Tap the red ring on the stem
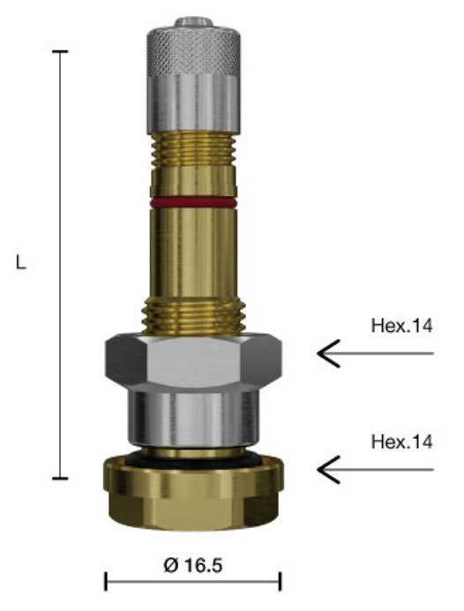[192, 202]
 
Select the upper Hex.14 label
[401, 327]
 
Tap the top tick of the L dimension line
[60, 52]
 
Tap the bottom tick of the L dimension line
[60, 479]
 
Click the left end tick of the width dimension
[106, 581]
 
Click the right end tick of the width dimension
[280, 581]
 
